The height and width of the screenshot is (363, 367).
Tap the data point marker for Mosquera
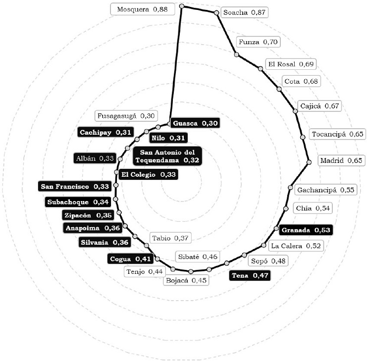coord(182,6)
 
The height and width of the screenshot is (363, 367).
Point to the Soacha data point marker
coord(216,13)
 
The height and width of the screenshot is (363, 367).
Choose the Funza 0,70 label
coord(257,42)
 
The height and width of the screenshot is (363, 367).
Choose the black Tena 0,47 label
coord(250,275)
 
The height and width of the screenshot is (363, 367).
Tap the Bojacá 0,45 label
coord(186,280)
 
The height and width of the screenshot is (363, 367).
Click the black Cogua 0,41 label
coord(129,259)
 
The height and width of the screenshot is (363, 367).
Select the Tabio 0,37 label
coord(170,238)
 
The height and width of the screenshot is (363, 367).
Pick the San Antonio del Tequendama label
coord(167,156)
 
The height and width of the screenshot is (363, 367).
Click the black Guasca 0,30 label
coord(194,123)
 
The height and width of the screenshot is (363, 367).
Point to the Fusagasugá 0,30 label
coord(126,116)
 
